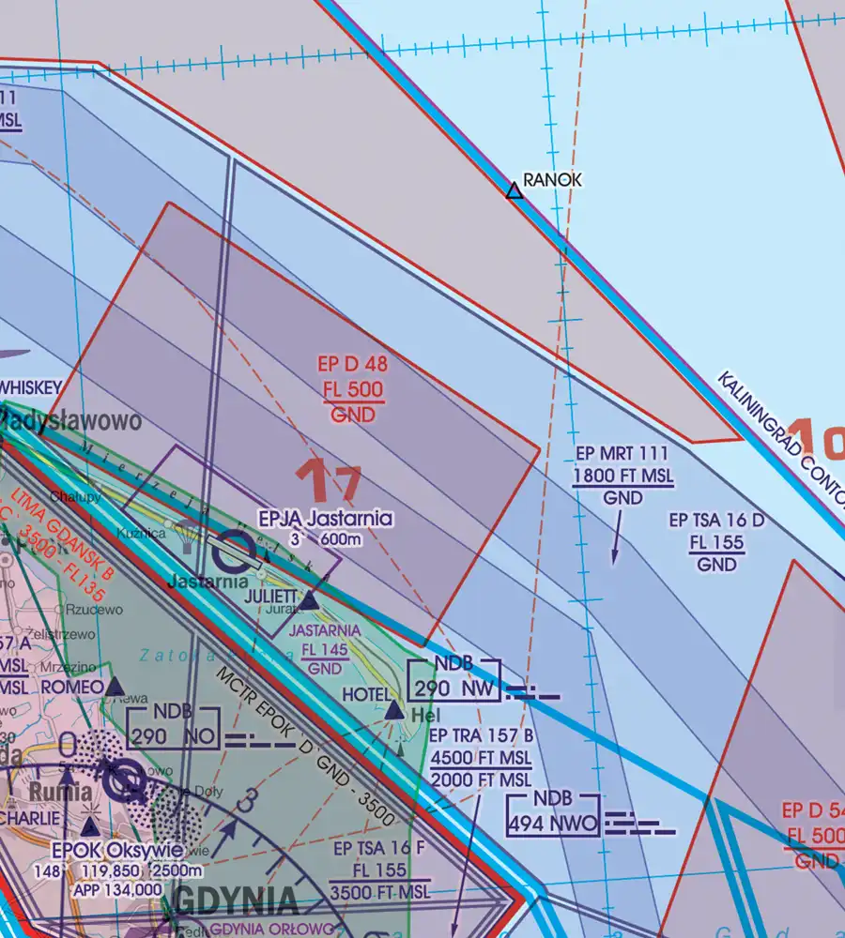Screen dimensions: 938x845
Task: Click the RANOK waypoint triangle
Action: point(514,191)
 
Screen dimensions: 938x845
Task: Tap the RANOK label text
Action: point(553,179)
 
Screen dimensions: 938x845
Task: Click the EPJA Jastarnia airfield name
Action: point(326,518)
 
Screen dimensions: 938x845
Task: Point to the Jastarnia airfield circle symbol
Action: point(230,552)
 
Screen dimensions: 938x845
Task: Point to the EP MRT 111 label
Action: point(623,456)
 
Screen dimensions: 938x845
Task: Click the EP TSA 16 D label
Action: point(717,519)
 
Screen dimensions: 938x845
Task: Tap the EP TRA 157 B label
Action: point(482,737)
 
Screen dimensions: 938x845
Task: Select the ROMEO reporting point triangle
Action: point(115,688)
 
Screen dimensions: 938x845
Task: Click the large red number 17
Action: point(329,481)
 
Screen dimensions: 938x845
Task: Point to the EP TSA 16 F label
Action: point(370,849)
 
